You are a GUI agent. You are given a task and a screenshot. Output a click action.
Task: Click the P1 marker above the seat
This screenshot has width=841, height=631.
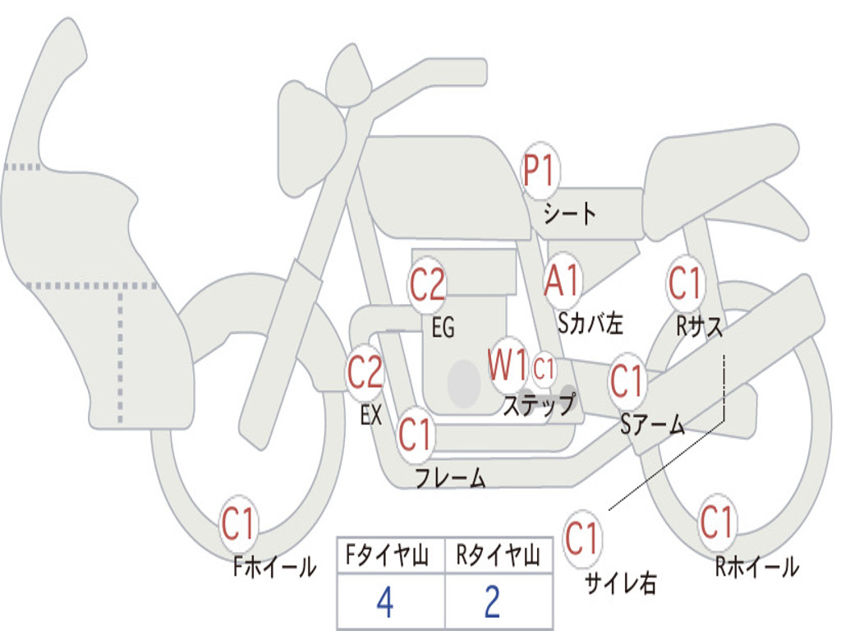point(540,171)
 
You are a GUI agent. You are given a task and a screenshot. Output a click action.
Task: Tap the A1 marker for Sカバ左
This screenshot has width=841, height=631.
point(563,279)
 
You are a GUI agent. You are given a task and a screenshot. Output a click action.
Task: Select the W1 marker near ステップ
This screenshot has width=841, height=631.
point(508,366)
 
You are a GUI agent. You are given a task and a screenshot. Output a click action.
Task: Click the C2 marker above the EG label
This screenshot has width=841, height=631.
point(427,284)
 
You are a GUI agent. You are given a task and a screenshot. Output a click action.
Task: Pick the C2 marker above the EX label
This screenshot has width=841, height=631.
point(365,372)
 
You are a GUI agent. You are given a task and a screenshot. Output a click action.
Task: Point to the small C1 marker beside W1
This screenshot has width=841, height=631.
point(544,369)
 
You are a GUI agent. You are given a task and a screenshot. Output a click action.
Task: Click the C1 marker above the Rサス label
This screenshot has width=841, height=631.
point(686,283)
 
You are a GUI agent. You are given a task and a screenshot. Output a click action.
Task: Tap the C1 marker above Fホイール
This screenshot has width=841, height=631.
point(238,523)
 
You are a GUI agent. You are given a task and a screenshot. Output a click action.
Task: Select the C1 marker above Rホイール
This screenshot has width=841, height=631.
point(716,522)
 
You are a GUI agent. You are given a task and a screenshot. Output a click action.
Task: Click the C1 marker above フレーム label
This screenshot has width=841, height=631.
point(415,434)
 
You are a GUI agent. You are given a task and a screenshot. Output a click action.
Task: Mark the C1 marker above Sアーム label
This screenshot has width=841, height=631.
point(627,381)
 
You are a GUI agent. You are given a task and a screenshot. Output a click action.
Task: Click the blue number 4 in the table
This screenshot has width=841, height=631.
point(386,602)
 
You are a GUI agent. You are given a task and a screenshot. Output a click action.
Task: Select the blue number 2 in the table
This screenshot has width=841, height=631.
point(493,602)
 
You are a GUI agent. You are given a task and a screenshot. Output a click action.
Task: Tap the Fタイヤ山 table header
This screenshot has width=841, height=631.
point(387,555)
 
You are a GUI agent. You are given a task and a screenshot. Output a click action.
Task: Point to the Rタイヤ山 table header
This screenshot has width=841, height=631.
point(498,555)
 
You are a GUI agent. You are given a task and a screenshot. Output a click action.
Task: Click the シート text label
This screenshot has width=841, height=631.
point(569,214)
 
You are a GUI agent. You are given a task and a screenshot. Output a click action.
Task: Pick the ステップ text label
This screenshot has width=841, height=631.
point(539,404)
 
